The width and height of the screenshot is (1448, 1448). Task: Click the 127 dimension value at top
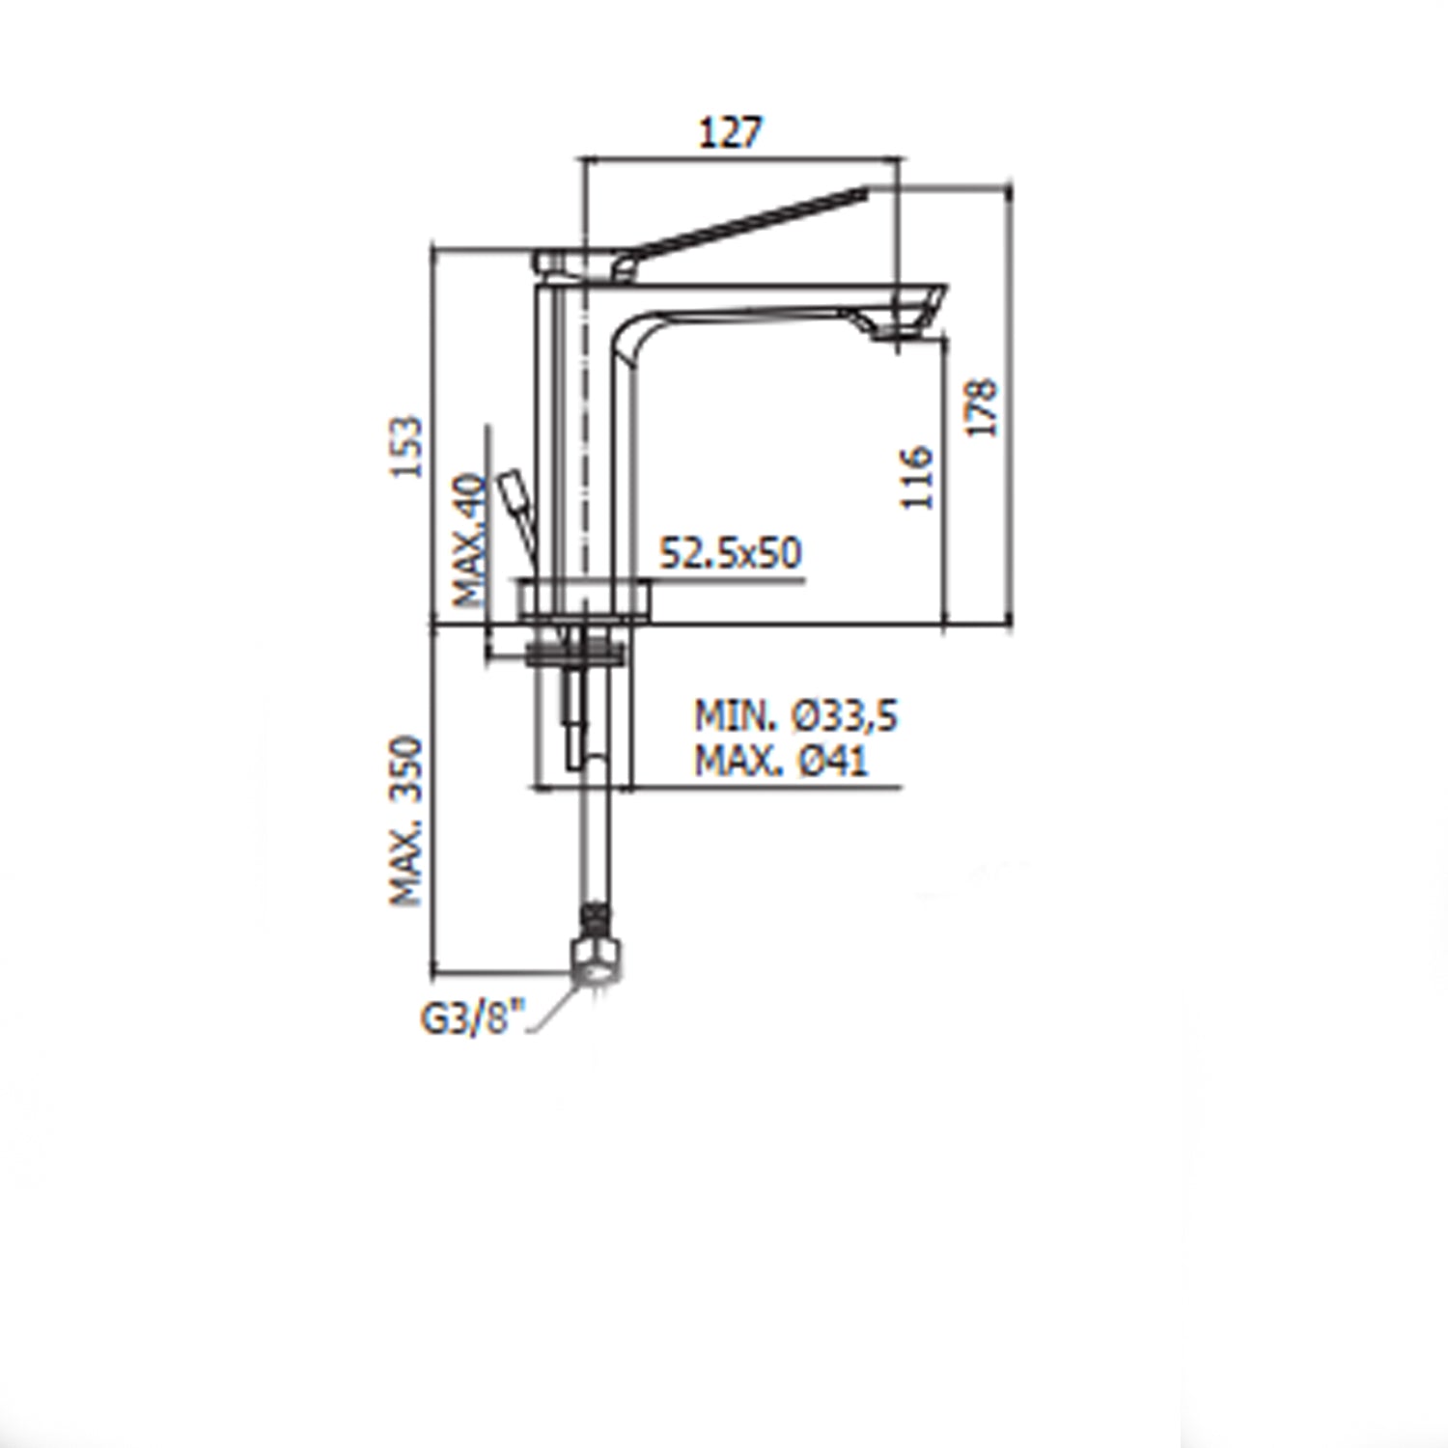[730, 132]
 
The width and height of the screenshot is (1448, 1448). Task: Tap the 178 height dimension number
[982, 407]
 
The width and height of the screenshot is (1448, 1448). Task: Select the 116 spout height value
[916, 477]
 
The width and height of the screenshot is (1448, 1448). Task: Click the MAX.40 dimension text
[471, 539]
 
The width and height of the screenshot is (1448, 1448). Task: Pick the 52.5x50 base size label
[730, 553]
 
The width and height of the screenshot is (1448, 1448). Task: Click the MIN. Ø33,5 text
[795, 716]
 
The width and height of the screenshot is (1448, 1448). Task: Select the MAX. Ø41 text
[781, 762]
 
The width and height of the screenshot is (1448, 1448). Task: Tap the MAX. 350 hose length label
[406, 821]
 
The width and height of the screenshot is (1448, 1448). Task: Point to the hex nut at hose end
[596, 961]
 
